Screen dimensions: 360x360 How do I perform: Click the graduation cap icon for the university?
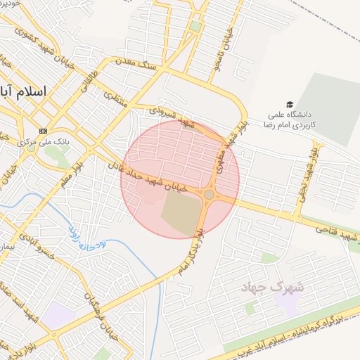(x=290, y=103)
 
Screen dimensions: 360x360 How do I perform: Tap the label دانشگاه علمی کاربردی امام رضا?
(x=290, y=118)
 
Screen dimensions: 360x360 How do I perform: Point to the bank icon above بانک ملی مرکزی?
(x=44, y=130)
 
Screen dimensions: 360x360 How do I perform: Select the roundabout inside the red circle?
(x=209, y=194)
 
